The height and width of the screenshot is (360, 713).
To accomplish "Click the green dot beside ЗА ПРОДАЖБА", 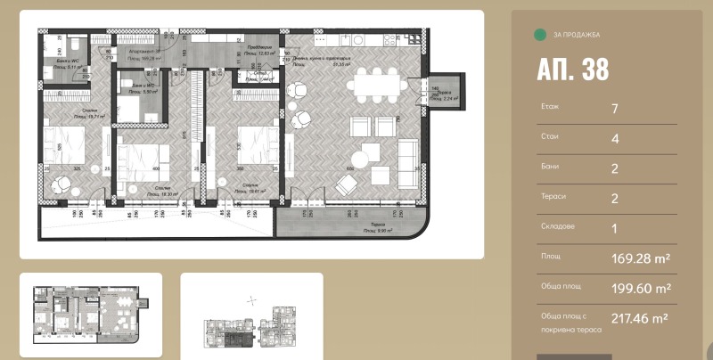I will (538, 35).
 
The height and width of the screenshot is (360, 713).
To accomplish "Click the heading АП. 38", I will (573, 71).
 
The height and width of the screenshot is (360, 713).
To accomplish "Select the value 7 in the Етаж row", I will (615, 110).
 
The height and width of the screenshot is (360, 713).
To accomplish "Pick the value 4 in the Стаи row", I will (615, 139).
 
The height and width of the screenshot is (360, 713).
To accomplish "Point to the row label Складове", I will (557, 226).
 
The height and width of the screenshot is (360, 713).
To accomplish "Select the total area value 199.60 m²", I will (640, 288).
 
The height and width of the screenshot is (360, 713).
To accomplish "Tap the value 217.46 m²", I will (640, 317).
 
